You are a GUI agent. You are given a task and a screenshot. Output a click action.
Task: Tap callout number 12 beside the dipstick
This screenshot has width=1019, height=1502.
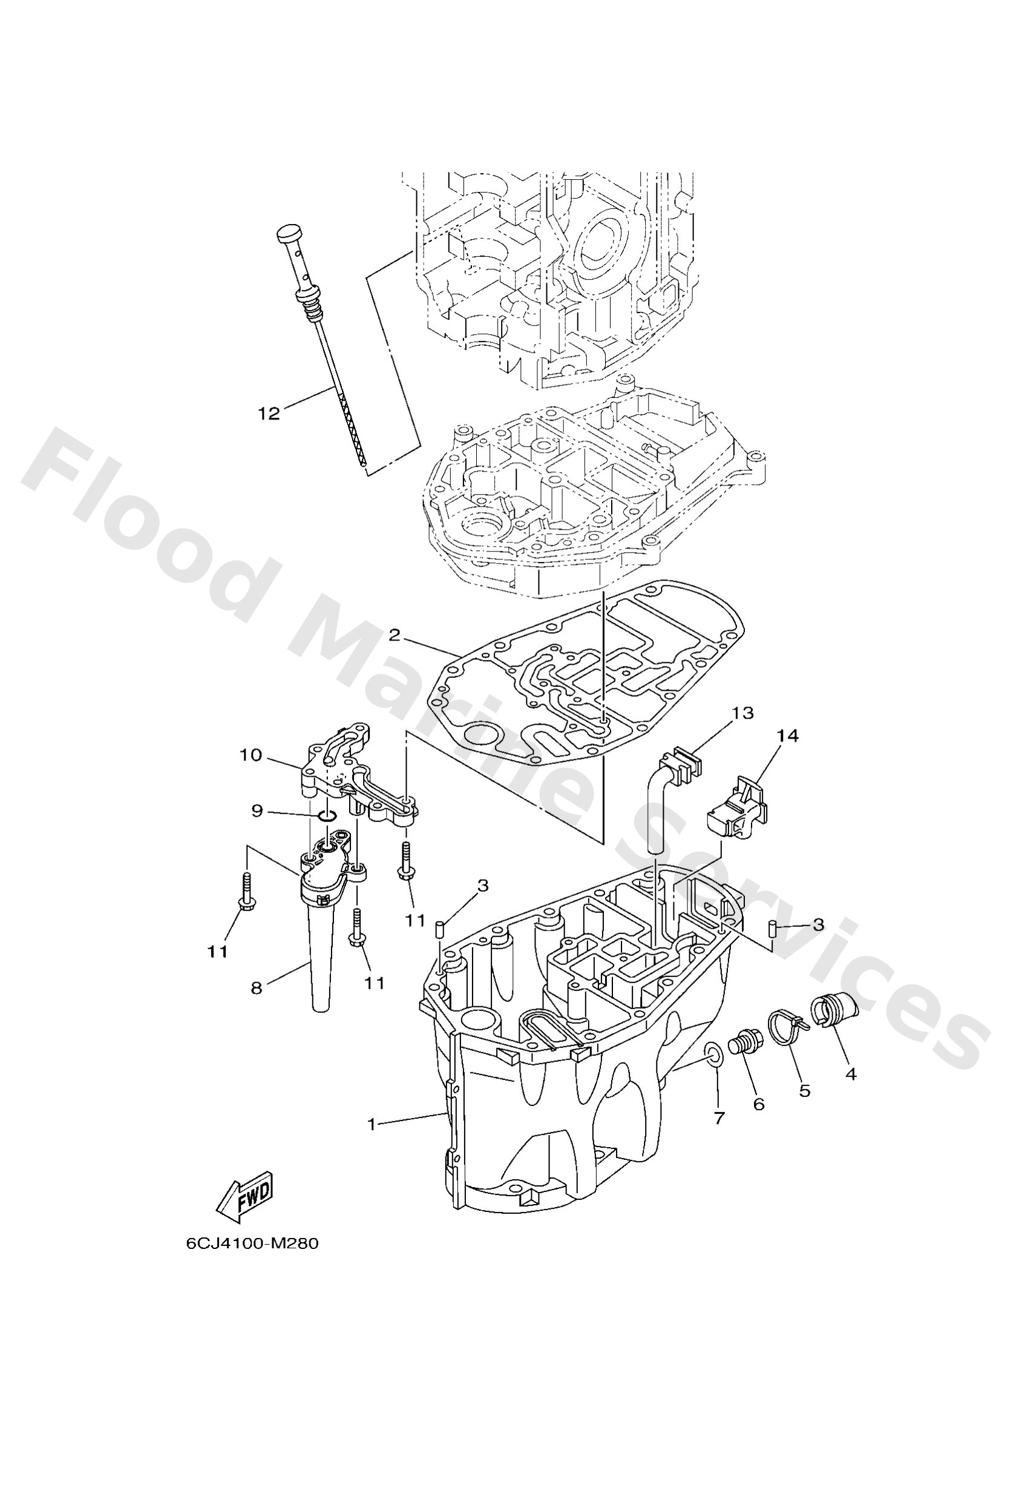(x=269, y=413)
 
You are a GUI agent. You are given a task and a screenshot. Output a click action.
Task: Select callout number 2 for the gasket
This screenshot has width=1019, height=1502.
(x=394, y=635)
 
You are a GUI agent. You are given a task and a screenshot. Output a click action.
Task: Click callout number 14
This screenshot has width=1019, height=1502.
(x=787, y=736)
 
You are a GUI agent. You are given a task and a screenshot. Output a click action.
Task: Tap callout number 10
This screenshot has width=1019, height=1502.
(x=251, y=755)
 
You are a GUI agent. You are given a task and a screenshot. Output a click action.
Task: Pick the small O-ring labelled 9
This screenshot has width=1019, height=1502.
(x=327, y=819)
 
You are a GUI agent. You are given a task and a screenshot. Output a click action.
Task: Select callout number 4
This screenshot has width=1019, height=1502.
(x=851, y=1074)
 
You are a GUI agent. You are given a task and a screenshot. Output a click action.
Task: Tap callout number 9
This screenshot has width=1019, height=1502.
(x=257, y=811)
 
